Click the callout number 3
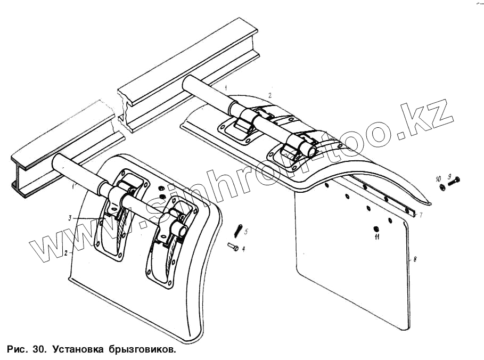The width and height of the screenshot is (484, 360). tap(69, 218)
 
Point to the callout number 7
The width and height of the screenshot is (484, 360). tap(421, 215)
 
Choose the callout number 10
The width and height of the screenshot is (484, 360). tap(439, 177)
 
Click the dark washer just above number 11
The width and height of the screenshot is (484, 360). tap(376, 228)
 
